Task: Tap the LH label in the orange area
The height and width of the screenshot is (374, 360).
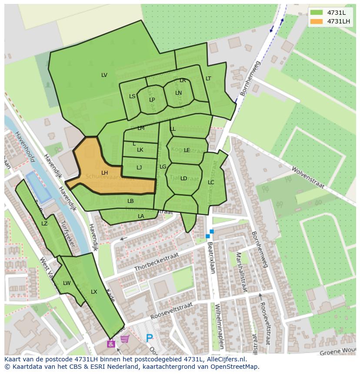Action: [x=104, y=173]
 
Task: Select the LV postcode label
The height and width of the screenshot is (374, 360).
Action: [x=104, y=75]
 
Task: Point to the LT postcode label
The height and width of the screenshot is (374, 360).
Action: [x=208, y=79]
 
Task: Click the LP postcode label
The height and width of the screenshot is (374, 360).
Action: [x=152, y=100]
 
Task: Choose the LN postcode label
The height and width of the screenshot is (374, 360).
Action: [x=178, y=93]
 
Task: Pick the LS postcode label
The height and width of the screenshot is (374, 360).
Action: [x=132, y=96]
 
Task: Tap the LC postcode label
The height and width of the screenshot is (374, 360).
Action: [x=211, y=182]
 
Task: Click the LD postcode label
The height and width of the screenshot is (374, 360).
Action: [x=183, y=179]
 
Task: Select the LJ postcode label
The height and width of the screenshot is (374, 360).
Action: [x=139, y=168]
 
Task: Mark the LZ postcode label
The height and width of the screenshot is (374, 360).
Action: [x=44, y=224]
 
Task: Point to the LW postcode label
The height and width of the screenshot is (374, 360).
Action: [x=67, y=283]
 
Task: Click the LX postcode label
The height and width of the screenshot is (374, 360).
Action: [x=94, y=292]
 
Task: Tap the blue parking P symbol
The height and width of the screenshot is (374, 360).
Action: [x=149, y=338]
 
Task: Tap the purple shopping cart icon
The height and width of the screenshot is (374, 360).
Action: [x=125, y=339]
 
